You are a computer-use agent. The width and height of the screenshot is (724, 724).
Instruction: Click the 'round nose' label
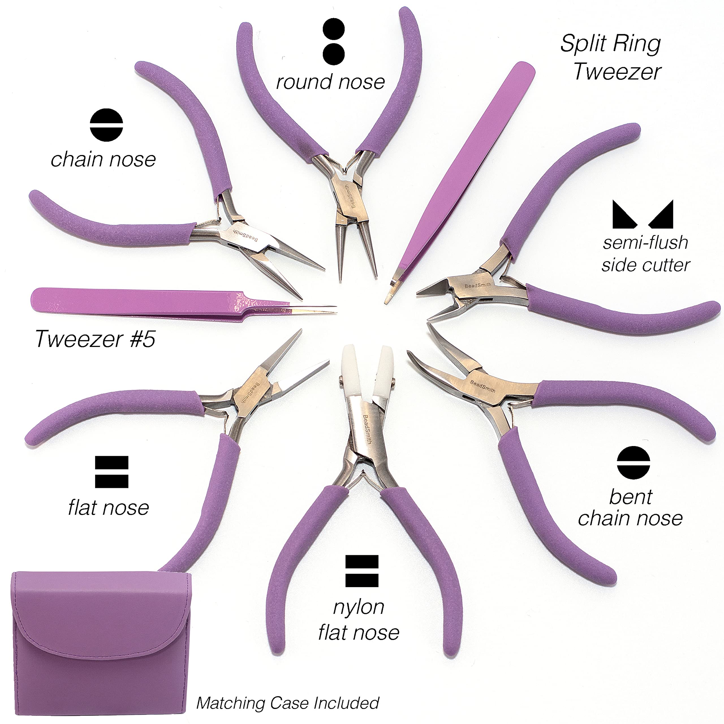[330, 82]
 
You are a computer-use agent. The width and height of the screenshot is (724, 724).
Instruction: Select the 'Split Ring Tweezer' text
[611, 57]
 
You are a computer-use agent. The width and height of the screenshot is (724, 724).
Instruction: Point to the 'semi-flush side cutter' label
[645, 254]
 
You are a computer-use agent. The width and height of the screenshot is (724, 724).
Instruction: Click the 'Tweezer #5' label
[95, 339]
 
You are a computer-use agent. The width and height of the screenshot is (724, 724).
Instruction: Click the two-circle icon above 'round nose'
[333, 41]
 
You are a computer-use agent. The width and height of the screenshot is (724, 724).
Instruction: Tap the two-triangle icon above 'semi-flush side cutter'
[643, 214]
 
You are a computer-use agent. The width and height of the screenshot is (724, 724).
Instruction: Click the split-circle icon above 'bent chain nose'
[633, 462]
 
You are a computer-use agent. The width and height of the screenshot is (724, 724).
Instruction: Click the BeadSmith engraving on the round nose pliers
[349, 196]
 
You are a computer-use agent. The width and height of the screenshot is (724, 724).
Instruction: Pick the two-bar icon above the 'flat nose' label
[112, 472]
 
